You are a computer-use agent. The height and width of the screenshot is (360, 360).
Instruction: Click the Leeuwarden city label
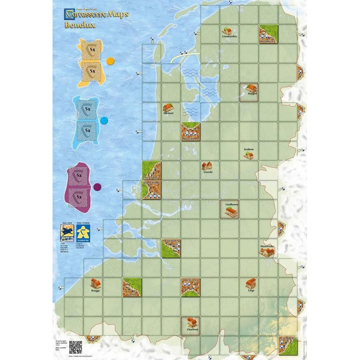point(229,37)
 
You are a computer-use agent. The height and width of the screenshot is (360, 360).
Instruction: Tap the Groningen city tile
point(268,34)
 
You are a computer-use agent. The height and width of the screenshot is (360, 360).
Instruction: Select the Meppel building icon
point(251,88)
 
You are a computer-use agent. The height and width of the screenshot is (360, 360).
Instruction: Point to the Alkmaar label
point(168,113)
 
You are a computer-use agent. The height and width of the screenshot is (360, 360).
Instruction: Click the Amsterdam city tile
point(191,131)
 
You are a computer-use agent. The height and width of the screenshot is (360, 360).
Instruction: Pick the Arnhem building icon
point(249,155)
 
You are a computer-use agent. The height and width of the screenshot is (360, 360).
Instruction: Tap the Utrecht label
point(207,172)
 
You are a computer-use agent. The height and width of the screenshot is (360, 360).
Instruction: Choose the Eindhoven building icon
point(230,212)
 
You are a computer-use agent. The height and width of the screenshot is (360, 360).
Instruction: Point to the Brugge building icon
point(96,283)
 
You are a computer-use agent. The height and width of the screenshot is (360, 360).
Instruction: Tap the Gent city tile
point(132,287)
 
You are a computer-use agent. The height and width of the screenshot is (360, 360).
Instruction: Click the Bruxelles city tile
point(190,287)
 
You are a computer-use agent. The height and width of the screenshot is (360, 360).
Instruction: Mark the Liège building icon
point(251,284)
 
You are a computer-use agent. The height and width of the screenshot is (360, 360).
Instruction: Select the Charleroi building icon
point(191,322)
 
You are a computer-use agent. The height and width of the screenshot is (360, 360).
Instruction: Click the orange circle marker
point(110,61)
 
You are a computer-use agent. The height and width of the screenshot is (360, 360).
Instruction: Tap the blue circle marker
point(104,121)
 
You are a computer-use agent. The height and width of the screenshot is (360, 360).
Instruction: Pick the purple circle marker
point(97,187)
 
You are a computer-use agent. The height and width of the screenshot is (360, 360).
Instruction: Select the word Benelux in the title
point(80,25)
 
